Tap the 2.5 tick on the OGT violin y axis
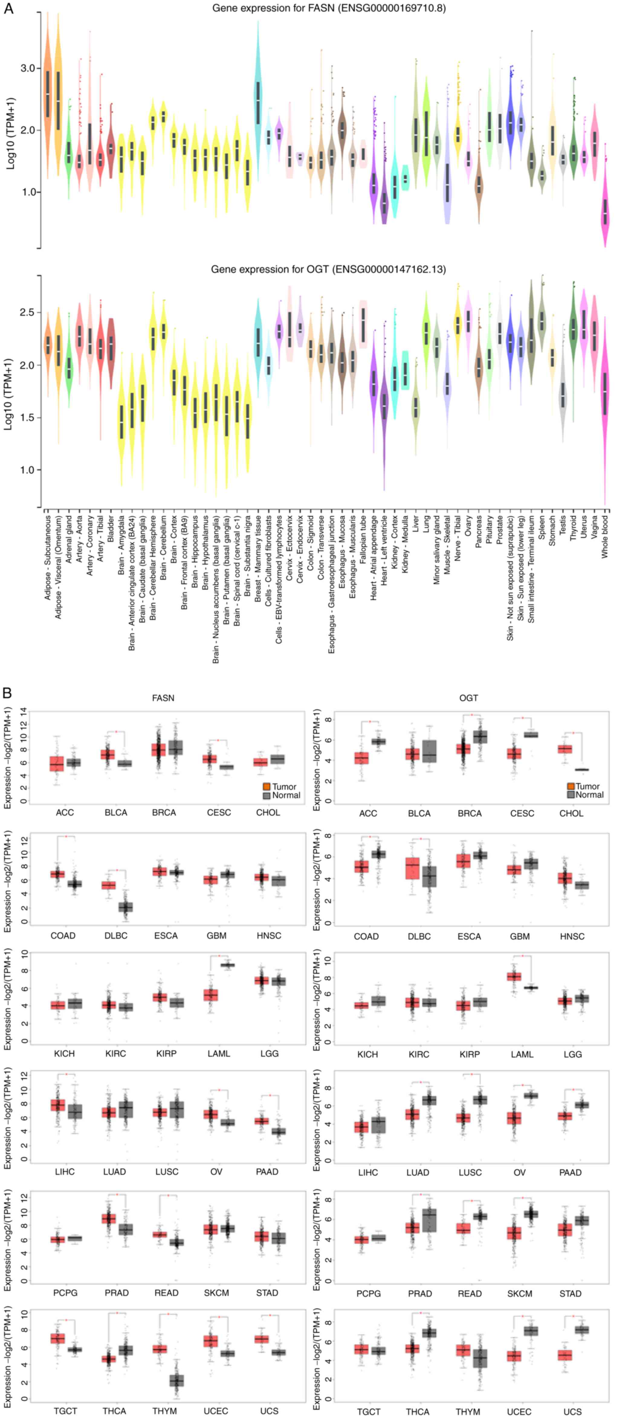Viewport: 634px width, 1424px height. (x=28, y=312)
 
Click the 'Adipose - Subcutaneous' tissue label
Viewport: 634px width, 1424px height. (x=47, y=558)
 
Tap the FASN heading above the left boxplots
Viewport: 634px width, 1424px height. (x=163, y=698)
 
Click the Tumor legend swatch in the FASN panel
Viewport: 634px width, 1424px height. (x=267, y=787)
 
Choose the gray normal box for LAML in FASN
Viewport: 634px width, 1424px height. (x=227, y=965)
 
